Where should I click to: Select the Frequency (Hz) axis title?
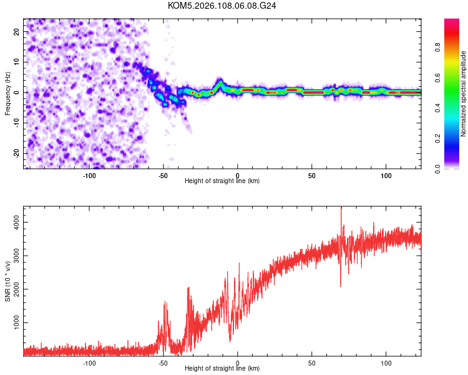click(7, 92)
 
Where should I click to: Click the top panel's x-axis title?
click(222, 181)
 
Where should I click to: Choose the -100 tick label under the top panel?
click(89, 176)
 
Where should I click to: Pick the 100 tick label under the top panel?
click(386, 176)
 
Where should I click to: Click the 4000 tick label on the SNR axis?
click(14, 222)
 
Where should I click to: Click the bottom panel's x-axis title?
click(222, 369)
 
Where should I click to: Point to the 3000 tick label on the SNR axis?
click(14, 256)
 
